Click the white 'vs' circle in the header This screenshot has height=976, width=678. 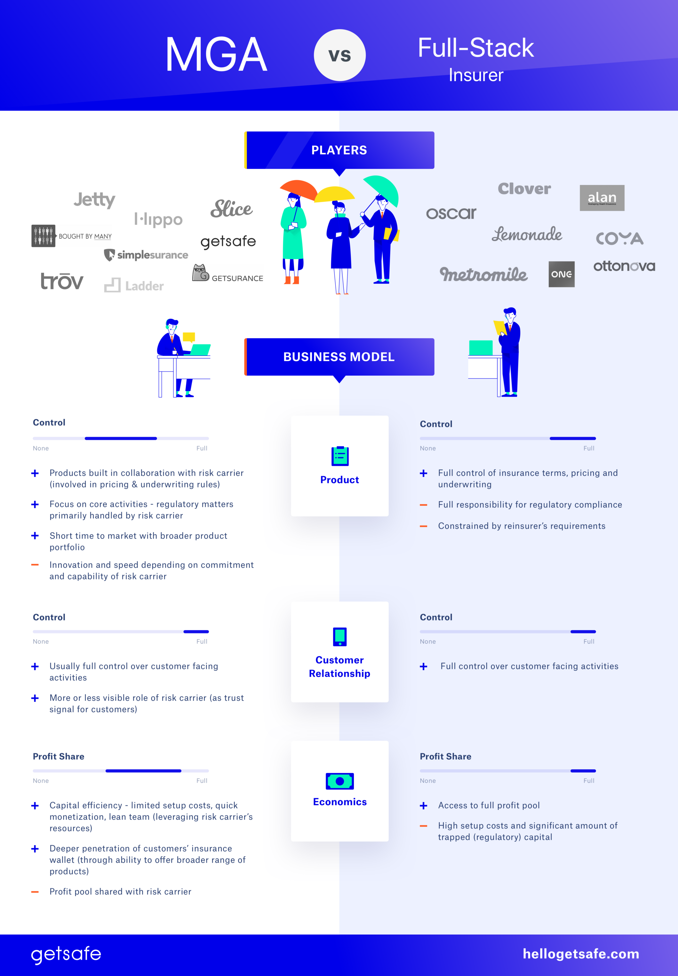(x=339, y=55)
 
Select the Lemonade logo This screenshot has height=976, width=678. (x=527, y=234)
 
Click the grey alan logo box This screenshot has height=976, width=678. (x=601, y=198)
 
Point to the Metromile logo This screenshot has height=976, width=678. (x=483, y=274)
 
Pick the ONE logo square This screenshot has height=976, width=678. (x=561, y=274)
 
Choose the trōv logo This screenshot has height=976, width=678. (x=62, y=281)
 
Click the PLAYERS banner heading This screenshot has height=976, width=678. (x=339, y=150)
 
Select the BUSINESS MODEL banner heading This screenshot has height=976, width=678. (x=339, y=357)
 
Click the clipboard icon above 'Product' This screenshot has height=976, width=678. (x=340, y=456)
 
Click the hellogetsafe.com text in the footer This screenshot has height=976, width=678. (x=580, y=954)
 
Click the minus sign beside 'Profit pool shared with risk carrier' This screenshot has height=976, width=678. (x=35, y=892)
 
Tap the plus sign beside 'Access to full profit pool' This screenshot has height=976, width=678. (x=423, y=806)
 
